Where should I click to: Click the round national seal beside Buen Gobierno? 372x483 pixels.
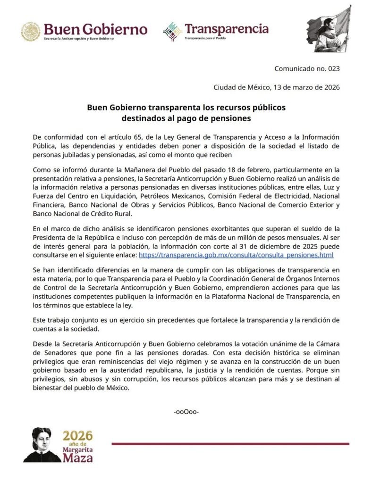tap(30, 31)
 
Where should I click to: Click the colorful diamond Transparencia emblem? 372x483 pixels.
tap(172, 31)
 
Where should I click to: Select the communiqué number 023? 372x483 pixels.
tap(307, 69)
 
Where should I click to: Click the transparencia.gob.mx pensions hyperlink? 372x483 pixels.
tap(236, 255)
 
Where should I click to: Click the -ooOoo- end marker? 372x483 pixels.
tap(186, 412)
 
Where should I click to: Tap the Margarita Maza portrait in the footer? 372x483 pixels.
tap(42, 444)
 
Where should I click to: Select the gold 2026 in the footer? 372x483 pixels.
tap(78, 435)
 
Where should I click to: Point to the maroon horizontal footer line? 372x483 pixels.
tap(230, 444)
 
